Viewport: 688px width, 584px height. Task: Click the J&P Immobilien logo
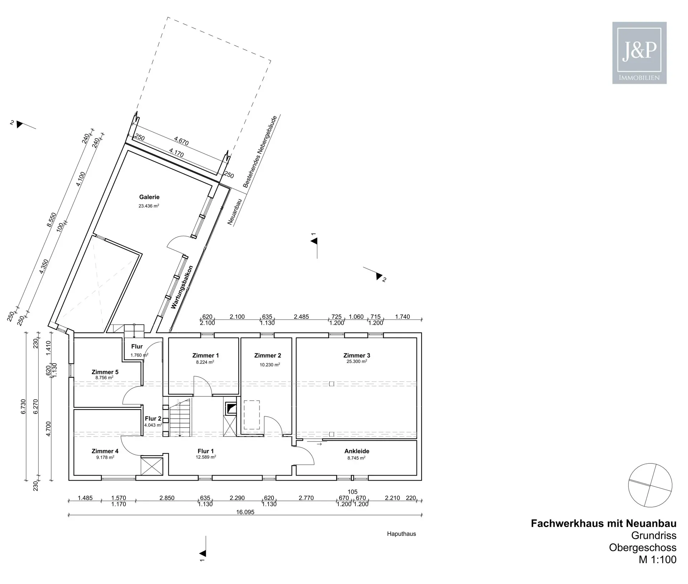(x=639, y=53)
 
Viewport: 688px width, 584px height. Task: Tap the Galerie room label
(x=149, y=197)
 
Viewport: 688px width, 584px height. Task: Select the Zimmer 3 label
(x=356, y=355)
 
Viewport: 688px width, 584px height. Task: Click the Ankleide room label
(x=356, y=451)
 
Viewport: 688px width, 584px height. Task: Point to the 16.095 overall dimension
(x=245, y=512)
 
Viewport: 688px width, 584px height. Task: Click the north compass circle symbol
(x=650, y=485)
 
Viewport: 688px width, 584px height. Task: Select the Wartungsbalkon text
(x=182, y=287)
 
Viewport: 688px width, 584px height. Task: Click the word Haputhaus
(x=401, y=534)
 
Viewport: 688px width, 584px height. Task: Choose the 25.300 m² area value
(x=356, y=361)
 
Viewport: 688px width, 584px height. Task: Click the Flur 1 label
(x=205, y=451)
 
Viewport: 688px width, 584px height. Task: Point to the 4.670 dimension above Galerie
(x=181, y=141)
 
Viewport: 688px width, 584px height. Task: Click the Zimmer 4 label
(x=105, y=451)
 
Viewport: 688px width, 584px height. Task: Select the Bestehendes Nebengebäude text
(x=260, y=151)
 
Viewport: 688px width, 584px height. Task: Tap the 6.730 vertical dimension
(x=24, y=407)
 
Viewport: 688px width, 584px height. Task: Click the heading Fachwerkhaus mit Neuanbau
(x=603, y=523)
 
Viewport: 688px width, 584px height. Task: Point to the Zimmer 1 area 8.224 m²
(x=205, y=362)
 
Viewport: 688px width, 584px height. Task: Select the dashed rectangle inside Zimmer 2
(x=252, y=415)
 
